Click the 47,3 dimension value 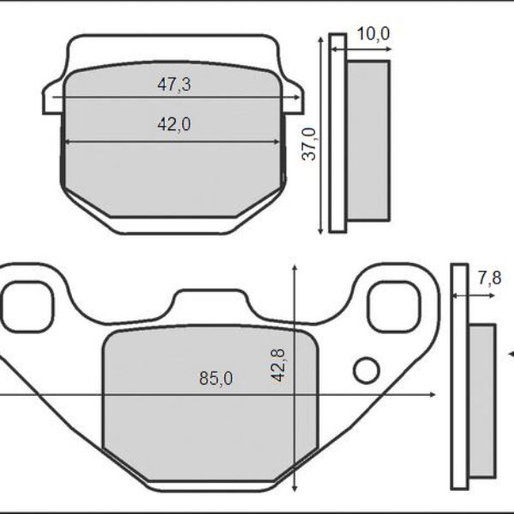173,84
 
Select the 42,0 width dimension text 173,124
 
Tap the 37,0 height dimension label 310,143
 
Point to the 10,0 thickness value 373,33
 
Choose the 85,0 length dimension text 215,378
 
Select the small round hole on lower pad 366,370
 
